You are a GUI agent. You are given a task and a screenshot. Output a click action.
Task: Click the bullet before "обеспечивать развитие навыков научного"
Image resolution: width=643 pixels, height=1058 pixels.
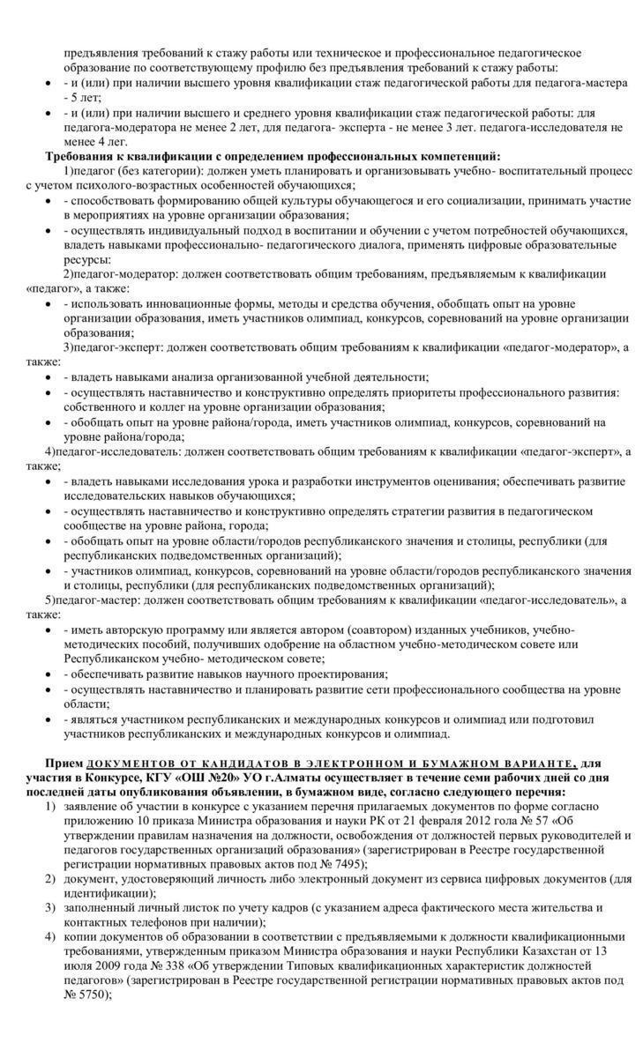coord(48,674)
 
